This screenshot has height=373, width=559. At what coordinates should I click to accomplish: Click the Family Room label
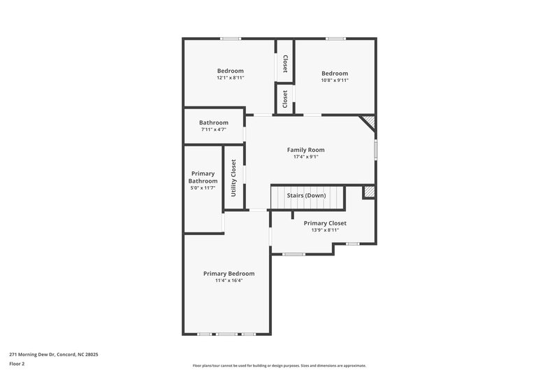pos(305,150)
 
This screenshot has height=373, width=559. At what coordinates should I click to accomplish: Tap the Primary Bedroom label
pos(228,274)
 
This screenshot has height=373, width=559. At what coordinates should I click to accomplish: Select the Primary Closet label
pos(325,223)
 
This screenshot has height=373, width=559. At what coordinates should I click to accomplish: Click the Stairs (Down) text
pos(305,195)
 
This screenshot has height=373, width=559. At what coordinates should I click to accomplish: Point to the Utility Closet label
pos(233,178)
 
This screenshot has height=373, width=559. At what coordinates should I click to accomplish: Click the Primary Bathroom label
pos(203,177)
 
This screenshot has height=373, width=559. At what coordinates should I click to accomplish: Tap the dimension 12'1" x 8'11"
pos(230,78)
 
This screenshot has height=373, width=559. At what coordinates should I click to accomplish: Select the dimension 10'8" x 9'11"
pos(334,80)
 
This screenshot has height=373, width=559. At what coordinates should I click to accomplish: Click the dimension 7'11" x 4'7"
pos(213,129)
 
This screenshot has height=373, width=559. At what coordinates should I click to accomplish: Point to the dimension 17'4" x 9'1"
pos(305,157)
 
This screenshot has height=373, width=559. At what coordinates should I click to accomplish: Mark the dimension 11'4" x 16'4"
pos(228,281)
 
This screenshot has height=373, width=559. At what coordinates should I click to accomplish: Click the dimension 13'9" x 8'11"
pos(325,230)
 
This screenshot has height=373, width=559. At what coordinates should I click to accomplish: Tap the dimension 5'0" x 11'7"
pos(203,188)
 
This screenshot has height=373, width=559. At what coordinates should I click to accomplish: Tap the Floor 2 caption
pos(17,364)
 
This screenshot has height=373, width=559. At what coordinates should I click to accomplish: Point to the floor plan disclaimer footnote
pos(279,365)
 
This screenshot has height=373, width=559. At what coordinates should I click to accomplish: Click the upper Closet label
pos(285,64)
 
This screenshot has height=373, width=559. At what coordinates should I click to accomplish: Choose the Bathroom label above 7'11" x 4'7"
pos(213,122)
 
